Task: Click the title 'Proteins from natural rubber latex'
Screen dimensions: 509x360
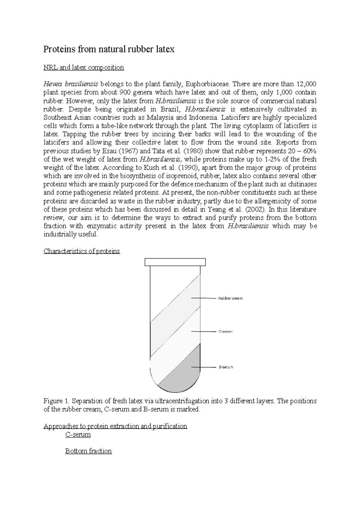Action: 109,49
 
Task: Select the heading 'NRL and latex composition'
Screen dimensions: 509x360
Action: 84,67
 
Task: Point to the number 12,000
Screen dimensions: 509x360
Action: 306,84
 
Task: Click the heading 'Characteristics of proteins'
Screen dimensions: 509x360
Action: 82,251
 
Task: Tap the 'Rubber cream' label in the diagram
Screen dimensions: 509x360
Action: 230,299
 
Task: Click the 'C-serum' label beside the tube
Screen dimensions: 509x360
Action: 225,332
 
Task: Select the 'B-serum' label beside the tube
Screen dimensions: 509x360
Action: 225,367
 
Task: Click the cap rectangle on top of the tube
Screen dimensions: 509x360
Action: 175,262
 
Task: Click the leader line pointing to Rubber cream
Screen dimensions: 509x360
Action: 204,298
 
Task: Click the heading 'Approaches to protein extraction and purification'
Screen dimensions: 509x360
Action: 115,426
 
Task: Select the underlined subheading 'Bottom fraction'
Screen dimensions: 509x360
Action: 88,451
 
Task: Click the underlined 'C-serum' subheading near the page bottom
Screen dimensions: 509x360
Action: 78,434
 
